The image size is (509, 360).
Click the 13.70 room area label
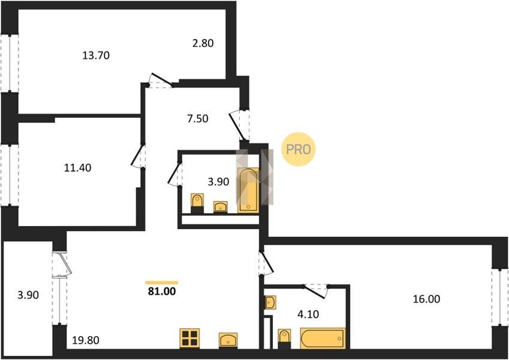[x=96, y=55]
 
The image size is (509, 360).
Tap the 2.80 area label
[x=203, y=43]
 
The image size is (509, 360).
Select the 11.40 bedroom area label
[x=77, y=167]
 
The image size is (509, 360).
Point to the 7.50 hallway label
[x=198, y=119]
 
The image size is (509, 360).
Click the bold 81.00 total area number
[x=162, y=291]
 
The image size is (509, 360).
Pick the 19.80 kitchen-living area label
[x=86, y=340]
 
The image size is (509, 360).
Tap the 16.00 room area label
[x=426, y=299]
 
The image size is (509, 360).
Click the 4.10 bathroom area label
[x=308, y=314]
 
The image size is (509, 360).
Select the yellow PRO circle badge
[x=299, y=149]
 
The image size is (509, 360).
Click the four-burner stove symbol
[x=189, y=338]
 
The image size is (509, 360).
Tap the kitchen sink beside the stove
[x=228, y=340]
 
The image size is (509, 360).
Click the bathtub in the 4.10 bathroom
[x=323, y=338]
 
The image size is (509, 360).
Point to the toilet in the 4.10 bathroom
[x=284, y=338]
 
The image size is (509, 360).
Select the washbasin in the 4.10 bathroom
[x=270, y=302]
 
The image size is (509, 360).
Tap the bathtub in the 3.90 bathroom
[x=248, y=190]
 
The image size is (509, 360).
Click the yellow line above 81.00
[x=162, y=283]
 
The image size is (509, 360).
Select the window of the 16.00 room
[x=499, y=297]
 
